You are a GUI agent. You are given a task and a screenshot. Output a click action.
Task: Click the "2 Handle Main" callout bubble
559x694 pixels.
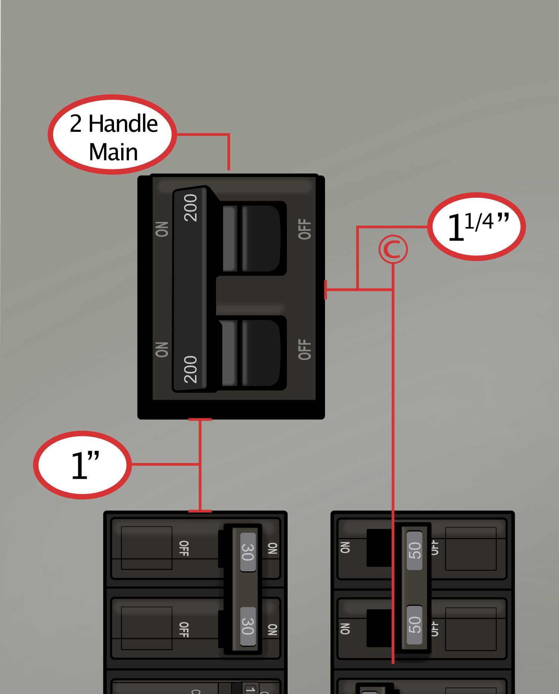pos(113,135)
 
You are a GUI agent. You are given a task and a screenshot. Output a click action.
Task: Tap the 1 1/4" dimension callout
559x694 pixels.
pos(476,226)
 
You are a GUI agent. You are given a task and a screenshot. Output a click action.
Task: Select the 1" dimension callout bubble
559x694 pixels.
pos(83,465)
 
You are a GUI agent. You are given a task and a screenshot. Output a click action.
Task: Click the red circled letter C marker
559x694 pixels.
pos(393,249)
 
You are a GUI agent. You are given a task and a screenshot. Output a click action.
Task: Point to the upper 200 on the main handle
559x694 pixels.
pos(190,208)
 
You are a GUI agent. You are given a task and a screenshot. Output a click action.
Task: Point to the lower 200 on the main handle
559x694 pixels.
pos(190,369)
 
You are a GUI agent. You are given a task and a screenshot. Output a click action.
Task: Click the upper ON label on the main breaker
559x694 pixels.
pos(162,229)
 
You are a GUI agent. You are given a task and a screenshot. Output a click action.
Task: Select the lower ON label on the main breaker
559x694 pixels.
pos(162,350)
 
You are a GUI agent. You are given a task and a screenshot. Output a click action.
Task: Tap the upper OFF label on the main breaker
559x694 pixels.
pos(304,229)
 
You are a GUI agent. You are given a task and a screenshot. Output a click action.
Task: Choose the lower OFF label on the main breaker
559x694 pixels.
pos(304,350)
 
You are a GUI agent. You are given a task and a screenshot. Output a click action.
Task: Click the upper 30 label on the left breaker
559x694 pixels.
pos(248,552)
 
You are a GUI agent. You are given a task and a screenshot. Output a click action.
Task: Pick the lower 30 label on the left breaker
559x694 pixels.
pos(248,626)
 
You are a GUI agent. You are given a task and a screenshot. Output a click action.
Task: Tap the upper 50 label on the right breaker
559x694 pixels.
pos(414,550)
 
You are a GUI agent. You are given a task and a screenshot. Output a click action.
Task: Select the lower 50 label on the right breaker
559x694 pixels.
pos(414,625)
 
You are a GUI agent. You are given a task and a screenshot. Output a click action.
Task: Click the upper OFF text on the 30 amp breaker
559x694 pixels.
pos(184,548)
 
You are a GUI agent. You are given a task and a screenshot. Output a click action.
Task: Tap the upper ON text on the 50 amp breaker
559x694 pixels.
pos(345,547)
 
